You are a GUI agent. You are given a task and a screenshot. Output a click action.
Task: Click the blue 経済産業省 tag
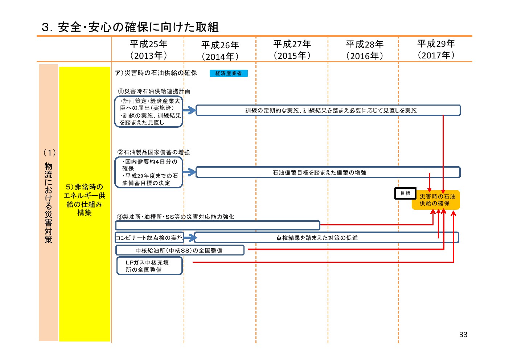pos(229,73)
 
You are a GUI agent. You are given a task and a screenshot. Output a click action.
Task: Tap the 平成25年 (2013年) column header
pos(148,50)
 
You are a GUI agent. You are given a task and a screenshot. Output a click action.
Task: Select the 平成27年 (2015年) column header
pos(292,50)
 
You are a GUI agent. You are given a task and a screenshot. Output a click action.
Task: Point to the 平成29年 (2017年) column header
pos(436,49)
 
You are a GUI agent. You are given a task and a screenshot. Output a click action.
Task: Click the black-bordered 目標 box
pos(405,193)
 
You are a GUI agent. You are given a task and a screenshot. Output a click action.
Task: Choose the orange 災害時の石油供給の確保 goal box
pos(436,200)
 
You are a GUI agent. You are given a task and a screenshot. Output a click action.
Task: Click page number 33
pos(463,335)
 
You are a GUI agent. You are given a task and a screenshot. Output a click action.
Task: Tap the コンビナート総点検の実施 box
pos(149,238)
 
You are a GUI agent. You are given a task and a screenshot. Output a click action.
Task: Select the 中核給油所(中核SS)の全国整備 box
pos(180,250)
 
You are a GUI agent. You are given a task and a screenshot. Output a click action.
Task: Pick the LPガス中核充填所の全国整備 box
pos(149,266)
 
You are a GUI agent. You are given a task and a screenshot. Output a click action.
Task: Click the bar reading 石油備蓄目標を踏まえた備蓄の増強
pos(328,172)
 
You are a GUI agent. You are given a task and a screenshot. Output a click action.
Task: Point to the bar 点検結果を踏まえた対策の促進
pos(327,238)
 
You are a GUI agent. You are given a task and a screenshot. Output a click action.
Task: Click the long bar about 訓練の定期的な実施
pos(328,110)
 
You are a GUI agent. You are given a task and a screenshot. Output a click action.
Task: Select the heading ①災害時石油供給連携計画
pos(154,91)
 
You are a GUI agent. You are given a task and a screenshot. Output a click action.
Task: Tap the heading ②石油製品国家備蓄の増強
pos(153,152)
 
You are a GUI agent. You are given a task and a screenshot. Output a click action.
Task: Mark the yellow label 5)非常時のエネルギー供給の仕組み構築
pos(85,200)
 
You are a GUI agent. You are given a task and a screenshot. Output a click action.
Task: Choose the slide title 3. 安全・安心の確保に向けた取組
pos(130,27)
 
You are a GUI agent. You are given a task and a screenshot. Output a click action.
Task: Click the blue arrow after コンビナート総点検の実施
pos(189,238)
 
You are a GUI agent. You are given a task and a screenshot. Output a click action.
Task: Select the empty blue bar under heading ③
pos(218,225)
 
